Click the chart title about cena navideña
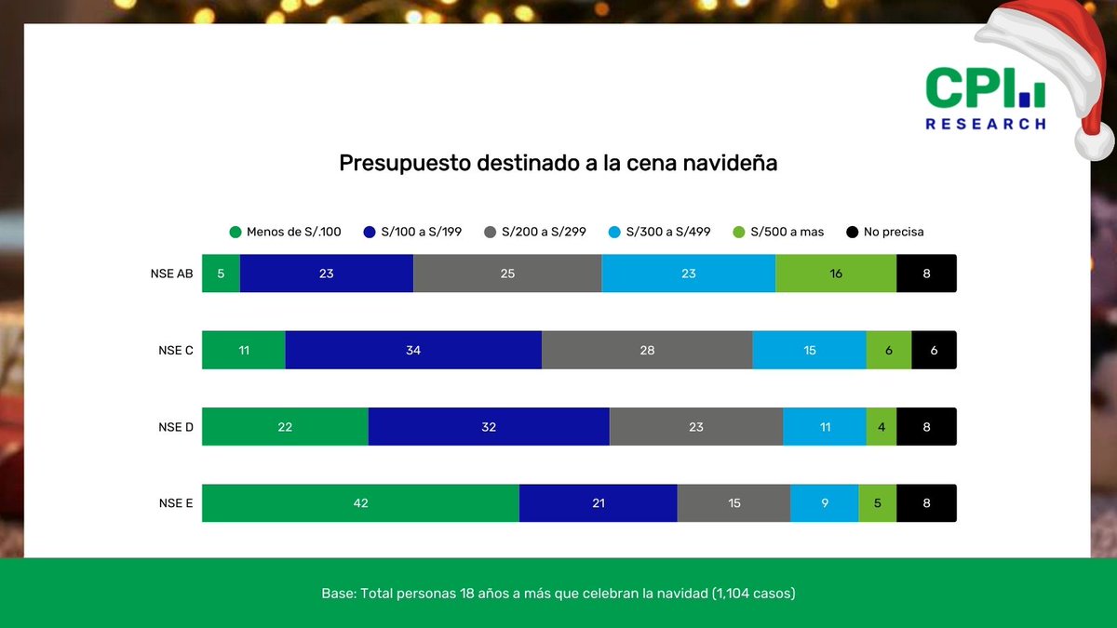558,164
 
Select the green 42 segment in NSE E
360,503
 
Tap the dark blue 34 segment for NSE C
413,350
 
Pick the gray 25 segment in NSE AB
507,274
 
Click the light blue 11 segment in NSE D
824,427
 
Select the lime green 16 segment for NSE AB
836,274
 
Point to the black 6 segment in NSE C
934,350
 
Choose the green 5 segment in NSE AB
221,274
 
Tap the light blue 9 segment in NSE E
824,503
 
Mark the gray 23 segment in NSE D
695,427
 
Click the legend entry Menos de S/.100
285,232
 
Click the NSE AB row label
171,274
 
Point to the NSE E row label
176,503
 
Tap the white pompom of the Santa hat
1094,141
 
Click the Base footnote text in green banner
558,593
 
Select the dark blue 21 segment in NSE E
598,503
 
